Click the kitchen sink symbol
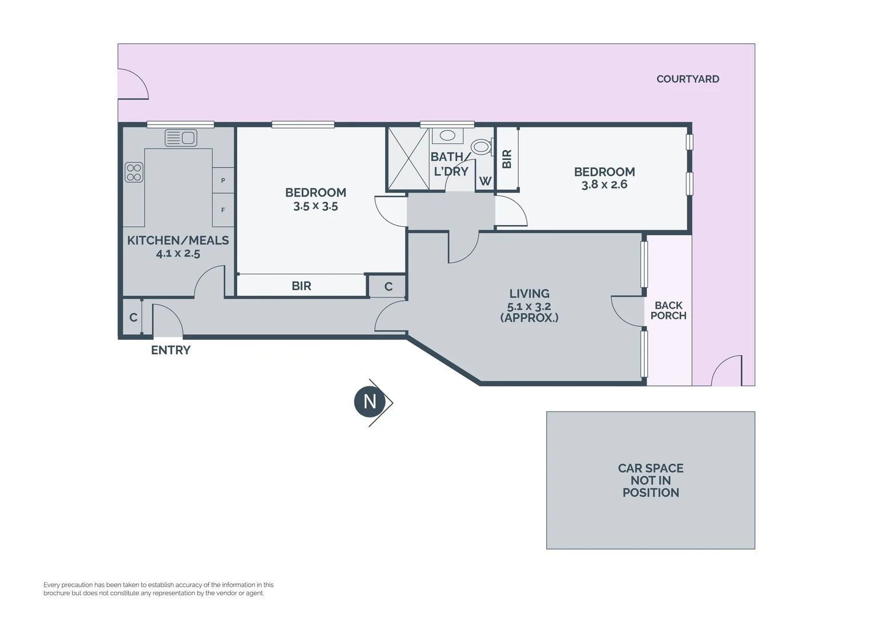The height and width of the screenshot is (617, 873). (181, 138)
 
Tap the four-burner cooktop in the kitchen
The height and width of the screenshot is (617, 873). (134, 173)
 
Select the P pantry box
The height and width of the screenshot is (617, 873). (223, 180)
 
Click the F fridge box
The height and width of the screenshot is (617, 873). (223, 210)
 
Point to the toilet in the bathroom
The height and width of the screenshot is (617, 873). (481, 147)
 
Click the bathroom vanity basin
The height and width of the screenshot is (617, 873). (447, 135)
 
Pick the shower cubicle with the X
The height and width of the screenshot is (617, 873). (409, 158)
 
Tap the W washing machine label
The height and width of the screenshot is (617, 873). (485, 181)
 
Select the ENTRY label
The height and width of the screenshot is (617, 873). (171, 350)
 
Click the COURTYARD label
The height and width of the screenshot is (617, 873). (688, 79)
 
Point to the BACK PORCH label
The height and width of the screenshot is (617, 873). (668, 310)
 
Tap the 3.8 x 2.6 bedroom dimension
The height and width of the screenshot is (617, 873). (604, 185)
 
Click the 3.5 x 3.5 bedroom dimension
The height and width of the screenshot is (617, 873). (316, 206)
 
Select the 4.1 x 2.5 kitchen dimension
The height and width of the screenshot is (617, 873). (178, 254)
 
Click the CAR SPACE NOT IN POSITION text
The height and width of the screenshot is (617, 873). (651, 480)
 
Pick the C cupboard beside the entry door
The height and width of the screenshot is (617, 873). (133, 318)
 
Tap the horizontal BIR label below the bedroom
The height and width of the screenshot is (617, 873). (301, 286)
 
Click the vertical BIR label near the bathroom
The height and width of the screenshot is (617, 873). (507, 159)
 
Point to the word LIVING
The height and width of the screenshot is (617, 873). (529, 294)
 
